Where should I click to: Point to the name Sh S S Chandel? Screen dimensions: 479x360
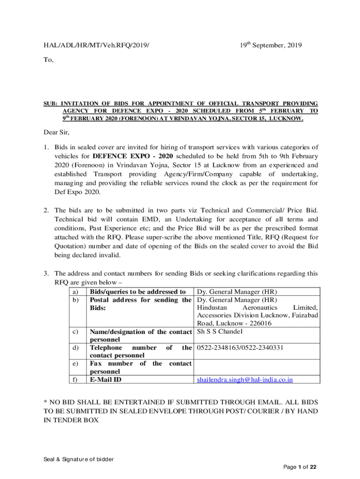tap(220, 332)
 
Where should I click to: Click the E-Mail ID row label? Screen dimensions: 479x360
tap(105, 379)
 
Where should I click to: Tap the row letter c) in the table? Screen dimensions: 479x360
tap(75, 332)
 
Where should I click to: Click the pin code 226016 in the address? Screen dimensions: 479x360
tap(261, 324)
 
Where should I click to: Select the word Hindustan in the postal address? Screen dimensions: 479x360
tap(212, 308)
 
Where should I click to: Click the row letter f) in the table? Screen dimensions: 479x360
tap(75, 379)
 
